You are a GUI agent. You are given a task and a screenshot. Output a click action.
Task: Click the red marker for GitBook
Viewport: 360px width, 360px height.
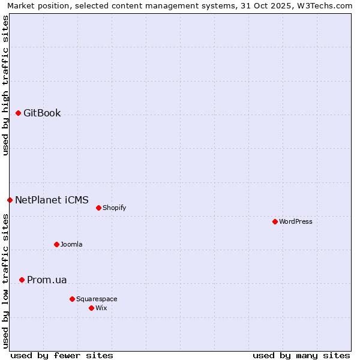coord(18,113)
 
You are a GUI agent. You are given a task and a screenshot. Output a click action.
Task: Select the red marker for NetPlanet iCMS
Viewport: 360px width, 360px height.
coord(10,200)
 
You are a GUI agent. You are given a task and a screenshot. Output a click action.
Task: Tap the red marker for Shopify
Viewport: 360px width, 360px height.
coord(98,208)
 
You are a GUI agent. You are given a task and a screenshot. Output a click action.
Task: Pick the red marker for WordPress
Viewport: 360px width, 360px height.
coord(275,221)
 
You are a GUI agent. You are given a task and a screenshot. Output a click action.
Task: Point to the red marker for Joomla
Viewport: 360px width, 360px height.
coord(56,244)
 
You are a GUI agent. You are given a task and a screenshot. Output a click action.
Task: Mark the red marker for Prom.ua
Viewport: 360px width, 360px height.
coord(22,280)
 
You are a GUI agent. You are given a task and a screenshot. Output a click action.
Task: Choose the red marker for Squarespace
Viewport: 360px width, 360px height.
coord(72,299)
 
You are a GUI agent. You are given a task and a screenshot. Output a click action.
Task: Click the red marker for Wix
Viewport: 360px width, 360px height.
coord(91,308)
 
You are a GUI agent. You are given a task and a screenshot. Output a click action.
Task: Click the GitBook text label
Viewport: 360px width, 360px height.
coord(42,113)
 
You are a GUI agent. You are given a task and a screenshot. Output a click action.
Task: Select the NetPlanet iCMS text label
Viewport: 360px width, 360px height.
coord(52,200)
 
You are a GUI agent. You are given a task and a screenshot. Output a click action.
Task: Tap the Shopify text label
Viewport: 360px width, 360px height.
coord(114,208)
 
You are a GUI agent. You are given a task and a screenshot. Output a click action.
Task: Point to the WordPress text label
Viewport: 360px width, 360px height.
coord(296,221)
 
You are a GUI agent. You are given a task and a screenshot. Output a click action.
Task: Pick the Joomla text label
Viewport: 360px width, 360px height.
coord(71,244)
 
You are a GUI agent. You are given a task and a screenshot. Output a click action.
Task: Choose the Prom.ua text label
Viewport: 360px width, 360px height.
coord(47,280)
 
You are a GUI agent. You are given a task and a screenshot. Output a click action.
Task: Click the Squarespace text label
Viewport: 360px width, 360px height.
coord(97,299)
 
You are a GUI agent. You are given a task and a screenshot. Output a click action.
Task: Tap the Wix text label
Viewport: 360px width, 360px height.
coord(101,308)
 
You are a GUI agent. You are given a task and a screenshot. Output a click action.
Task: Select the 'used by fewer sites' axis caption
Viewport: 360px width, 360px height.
coord(62,355)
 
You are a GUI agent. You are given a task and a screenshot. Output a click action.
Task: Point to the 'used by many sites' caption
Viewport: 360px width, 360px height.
coord(301,355)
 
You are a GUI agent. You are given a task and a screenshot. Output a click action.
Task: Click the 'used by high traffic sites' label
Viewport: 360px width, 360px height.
coord(5,85)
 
